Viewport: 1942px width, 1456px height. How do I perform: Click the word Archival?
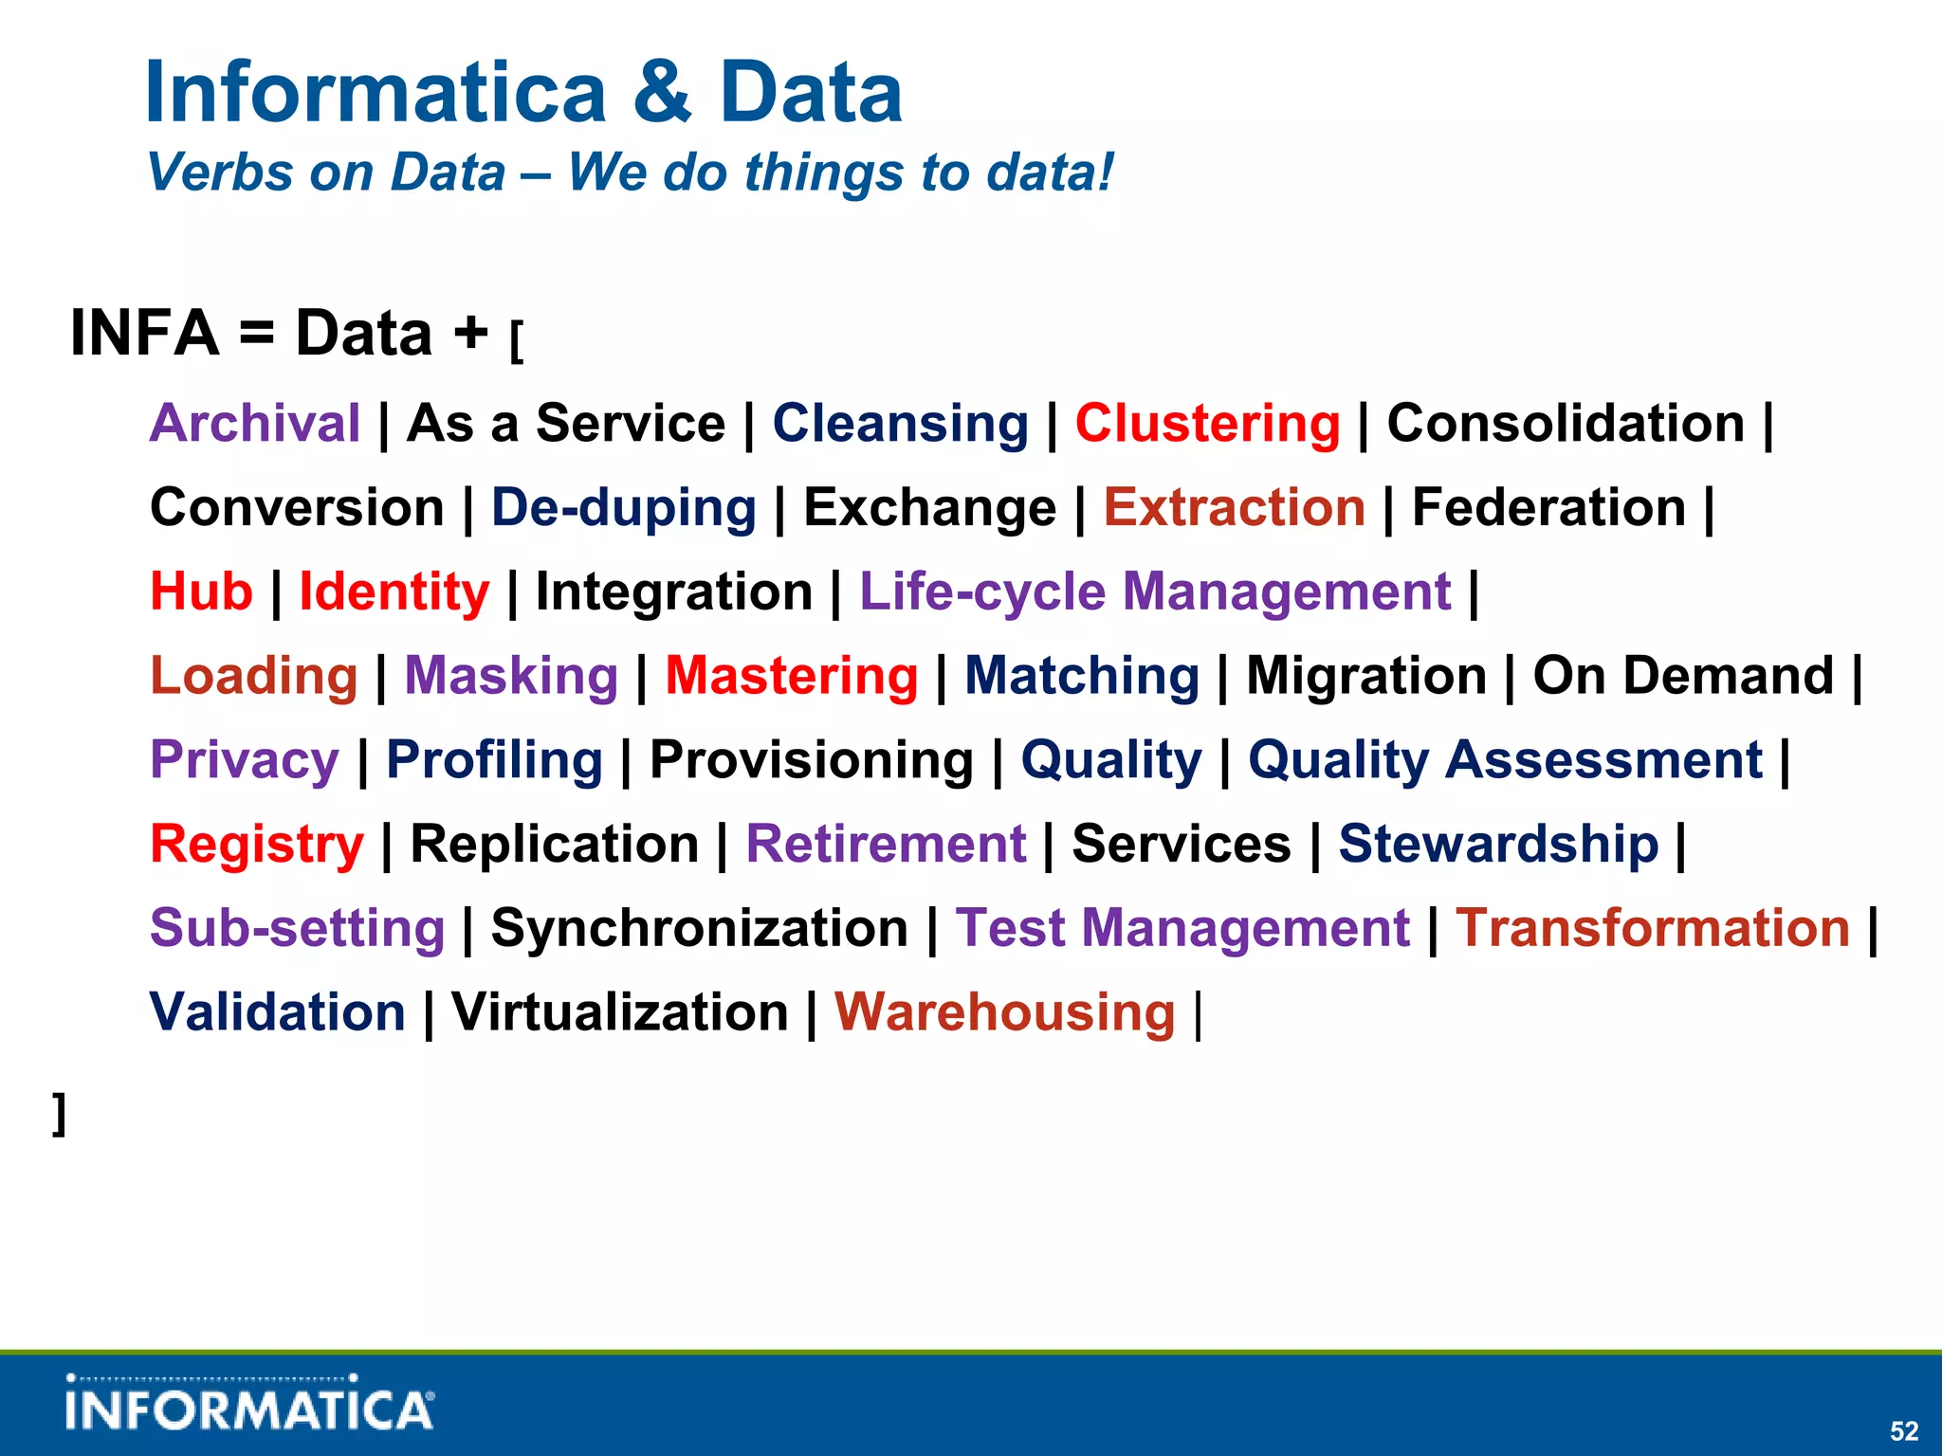(x=254, y=423)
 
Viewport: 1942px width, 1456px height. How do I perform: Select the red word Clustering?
(x=1207, y=423)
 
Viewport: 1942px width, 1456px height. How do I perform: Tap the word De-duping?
(x=623, y=508)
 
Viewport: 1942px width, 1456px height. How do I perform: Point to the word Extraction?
(x=1234, y=507)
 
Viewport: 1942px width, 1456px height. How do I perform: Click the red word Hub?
(x=201, y=591)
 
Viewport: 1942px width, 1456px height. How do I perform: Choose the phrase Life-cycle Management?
(x=1154, y=591)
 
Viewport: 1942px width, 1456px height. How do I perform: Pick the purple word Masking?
(x=511, y=676)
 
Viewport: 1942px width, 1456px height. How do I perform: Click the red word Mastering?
(x=791, y=676)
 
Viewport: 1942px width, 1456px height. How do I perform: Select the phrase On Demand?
(x=1683, y=676)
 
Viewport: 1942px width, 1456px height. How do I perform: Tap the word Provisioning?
(x=811, y=760)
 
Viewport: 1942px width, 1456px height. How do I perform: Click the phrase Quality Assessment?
(x=1505, y=760)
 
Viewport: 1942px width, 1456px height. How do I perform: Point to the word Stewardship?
(x=1498, y=844)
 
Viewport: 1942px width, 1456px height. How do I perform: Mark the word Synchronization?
(x=699, y=928)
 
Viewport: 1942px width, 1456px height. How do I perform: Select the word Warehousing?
(x=1004, y=1012)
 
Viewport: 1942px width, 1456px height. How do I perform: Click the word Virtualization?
(x=619, y=1012)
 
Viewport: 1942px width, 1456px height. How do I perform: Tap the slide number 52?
(x=1903, y=1430)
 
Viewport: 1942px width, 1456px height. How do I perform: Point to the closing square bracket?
(x=59, y=1113)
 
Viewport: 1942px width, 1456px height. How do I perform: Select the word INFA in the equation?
(x=144, y=334)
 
